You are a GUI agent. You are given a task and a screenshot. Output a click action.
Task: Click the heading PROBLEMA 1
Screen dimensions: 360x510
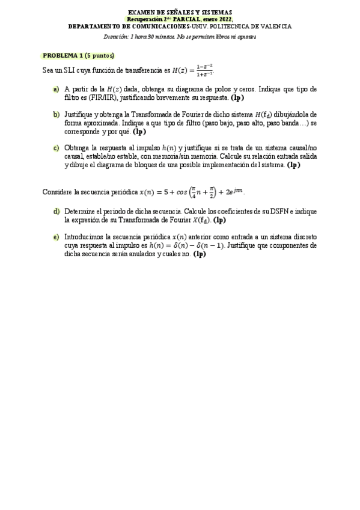[63, 56]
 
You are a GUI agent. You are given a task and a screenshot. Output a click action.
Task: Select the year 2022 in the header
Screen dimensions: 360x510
[224, 19]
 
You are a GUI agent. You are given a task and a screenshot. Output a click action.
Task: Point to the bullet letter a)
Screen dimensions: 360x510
[56, 89]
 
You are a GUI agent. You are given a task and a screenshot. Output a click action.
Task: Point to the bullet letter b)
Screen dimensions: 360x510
[56, 114]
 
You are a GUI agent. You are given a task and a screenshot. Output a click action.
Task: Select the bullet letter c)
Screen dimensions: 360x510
[56, 148]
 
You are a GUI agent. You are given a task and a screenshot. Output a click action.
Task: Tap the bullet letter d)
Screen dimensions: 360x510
[56, 212]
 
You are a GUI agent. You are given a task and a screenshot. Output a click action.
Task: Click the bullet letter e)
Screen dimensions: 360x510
[56, 237]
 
